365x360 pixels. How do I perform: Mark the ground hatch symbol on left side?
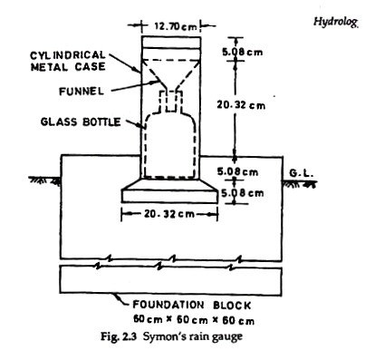tap(41, 181)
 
